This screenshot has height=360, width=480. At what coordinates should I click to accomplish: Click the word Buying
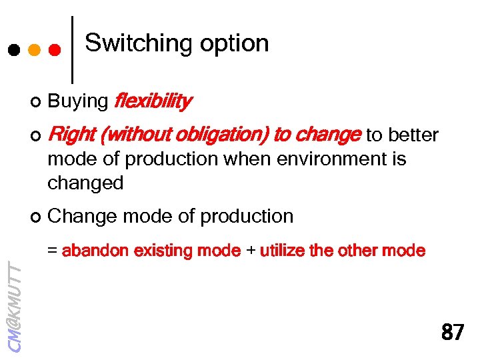click(78, 101)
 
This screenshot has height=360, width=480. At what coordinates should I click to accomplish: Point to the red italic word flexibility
click(153, 101)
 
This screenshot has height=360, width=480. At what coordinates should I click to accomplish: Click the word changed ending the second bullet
click(85, 183)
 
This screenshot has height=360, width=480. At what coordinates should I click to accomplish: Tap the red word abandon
click(95, 251)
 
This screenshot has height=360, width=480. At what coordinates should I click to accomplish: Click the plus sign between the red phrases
click(250, 251)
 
